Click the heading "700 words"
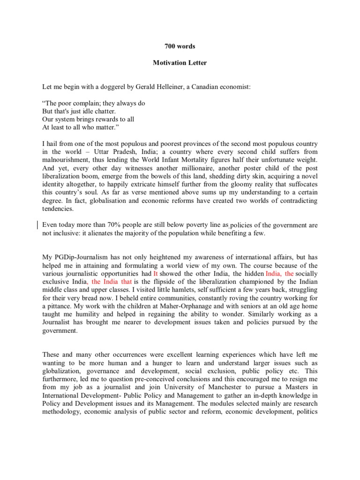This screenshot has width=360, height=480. pyautogui.click(x=180, y=46)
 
